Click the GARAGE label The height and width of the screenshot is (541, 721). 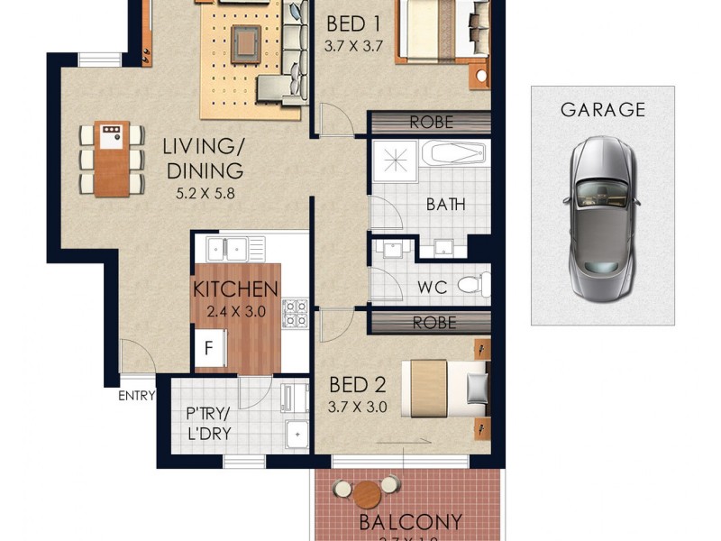(603, 110)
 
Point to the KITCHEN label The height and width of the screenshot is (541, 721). (235, 289)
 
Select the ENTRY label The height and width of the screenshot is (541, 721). (136, 395)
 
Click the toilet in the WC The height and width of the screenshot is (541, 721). (471, 286)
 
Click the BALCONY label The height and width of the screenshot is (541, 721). (410, 522)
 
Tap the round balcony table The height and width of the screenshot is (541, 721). (367, 494)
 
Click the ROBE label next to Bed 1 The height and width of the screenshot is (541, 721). (431, 122)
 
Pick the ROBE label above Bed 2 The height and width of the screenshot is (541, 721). (434, 322)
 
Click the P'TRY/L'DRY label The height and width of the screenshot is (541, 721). (209, 424)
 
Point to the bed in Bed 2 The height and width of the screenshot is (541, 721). (446, 387)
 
